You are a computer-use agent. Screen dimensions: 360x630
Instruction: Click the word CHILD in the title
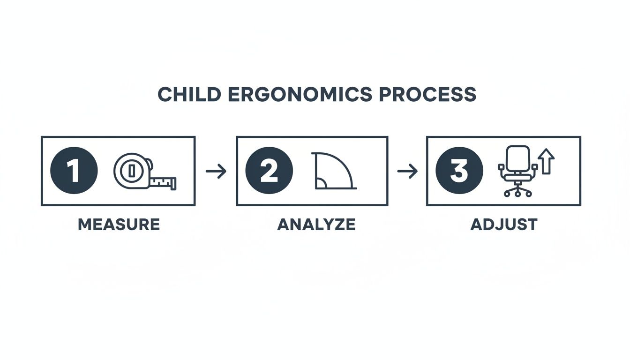(189, 95)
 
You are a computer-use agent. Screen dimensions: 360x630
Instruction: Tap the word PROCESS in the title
(427, 95)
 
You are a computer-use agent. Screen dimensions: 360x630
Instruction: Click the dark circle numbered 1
(74, 171)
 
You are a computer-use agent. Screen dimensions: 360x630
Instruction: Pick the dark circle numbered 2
(269, 171)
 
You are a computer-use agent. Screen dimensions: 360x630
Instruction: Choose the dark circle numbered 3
(458, 171)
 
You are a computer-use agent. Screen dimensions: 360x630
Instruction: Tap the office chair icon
(517, 171)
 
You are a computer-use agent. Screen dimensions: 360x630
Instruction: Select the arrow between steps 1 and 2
(216, 172)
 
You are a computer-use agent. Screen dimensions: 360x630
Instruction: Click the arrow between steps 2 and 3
(407, 172)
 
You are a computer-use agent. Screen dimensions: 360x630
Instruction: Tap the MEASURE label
(119, 225)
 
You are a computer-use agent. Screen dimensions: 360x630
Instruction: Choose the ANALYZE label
(316, 225)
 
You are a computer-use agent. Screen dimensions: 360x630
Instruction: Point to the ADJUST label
(503, 225)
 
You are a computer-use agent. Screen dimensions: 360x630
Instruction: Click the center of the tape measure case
(132, 171)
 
